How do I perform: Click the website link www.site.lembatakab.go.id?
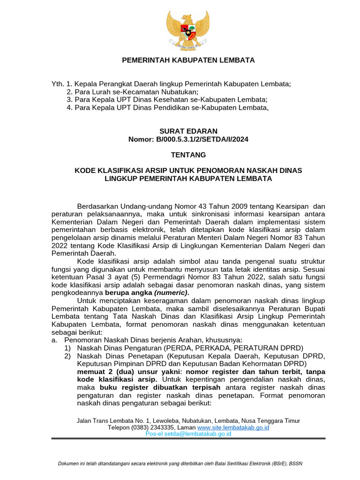[x=233, y=428]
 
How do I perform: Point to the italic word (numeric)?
[x=174, y=292]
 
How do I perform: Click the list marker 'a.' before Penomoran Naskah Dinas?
[x=54, y=340]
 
